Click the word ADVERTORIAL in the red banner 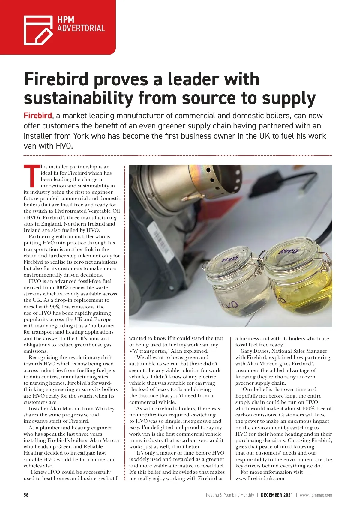(x=81, y=28)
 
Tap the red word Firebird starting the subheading (x=38, y=116)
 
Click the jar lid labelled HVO (x=230, y=259)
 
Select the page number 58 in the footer (x=26, y=495)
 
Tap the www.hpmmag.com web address (x=316, y=495)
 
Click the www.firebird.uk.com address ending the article (x=260, y=478)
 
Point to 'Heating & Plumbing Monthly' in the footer (x=230, y=495)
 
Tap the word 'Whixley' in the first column (x=105, y=409)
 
